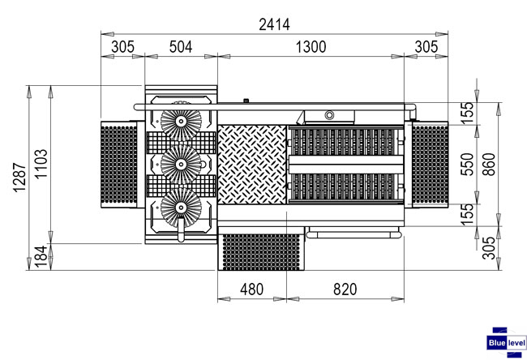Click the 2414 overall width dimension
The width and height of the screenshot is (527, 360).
(x=274, y=24)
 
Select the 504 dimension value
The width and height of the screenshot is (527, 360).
(x=181, y=47)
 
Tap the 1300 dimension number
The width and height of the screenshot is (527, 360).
(x=311, y=47)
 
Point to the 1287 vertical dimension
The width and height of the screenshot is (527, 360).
(x=19, y=178)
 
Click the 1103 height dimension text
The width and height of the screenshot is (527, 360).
(x=41, y=164)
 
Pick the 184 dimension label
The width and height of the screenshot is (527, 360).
(x=41, y=257)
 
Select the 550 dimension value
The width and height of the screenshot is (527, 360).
(x=467, y=165)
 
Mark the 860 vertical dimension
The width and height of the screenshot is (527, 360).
(x=489, y=165)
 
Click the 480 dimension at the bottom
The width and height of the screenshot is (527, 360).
(x=251, y=289)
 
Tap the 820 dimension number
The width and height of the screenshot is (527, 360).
(x=345, y=289)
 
